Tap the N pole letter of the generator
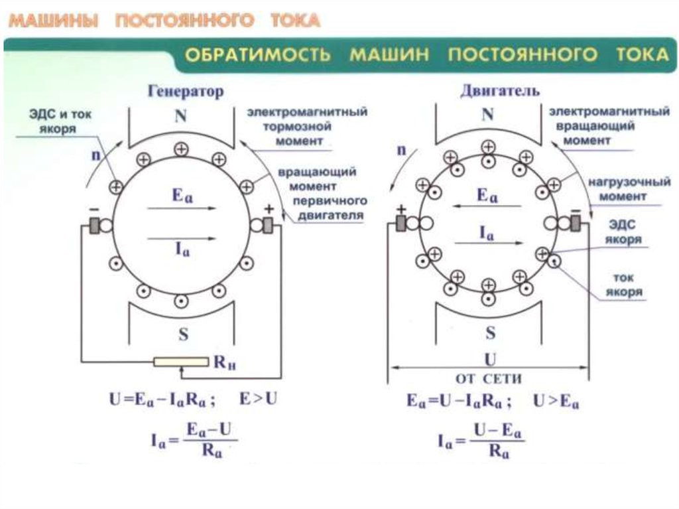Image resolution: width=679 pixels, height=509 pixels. (180, 117)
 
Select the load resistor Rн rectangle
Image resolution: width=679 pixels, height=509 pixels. (180, 362)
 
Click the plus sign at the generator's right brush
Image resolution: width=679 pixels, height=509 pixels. (268, 209)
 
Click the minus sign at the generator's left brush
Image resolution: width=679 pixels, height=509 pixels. (93, 208)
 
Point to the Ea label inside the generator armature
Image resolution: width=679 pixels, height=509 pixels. (181, 195)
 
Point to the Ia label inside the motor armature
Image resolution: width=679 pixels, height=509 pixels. (487, 232)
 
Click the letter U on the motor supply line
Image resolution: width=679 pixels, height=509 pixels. (490, 360)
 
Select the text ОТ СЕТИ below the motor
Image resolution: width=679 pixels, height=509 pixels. (489, 380)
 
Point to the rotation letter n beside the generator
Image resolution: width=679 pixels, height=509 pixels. (94, 157)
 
